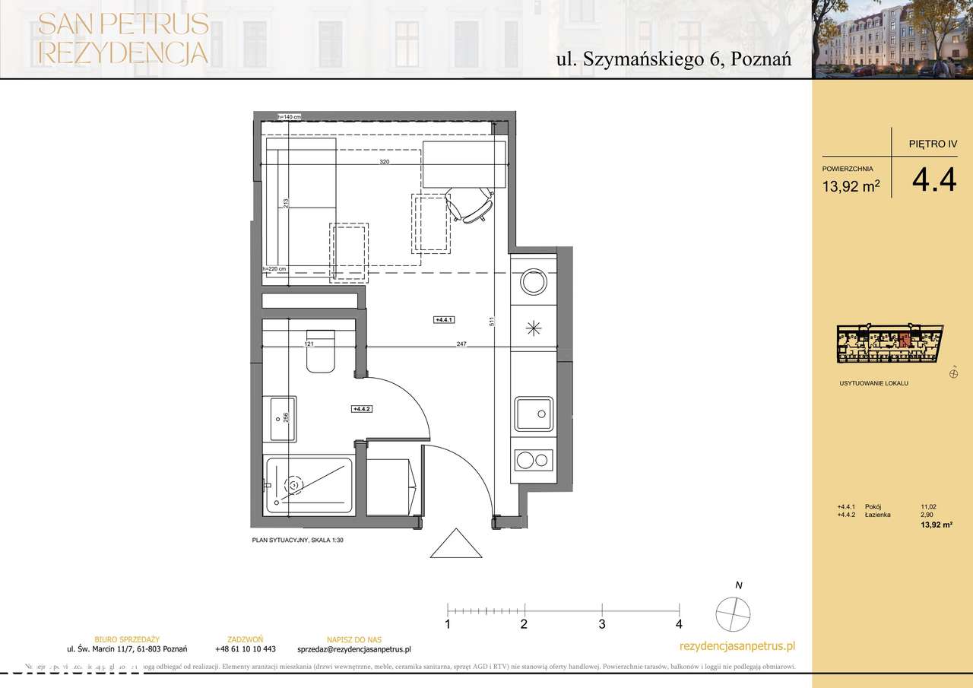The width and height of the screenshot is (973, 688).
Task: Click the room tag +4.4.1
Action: pos(443,321)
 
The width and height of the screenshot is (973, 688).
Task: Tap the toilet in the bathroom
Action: pos(320,354)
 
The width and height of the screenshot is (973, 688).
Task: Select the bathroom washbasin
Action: pos(279,419)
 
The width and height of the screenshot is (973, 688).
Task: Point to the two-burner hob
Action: pos(534,459)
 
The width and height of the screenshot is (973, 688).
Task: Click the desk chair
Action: pos(474,205)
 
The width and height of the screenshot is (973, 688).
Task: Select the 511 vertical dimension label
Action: pos(493,322)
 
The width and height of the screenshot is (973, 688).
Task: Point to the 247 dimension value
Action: pos(461,344)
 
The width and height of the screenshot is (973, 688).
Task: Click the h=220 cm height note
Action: pos(274,269)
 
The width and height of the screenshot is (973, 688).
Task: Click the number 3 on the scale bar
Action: pos(601,625)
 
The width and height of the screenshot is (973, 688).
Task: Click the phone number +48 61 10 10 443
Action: pos(245,649)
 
